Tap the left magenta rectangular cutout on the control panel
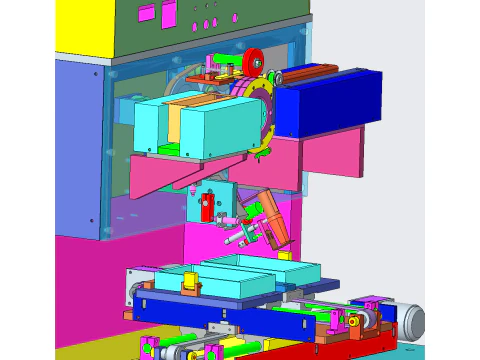pyautogui.click(x=146, y=14)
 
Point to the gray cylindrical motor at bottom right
pyautogui.click(x=411, y=321)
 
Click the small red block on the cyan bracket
pyautogui.click(x=207, y=210)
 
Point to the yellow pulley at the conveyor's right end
pyautogui.click(x=353, y=320)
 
